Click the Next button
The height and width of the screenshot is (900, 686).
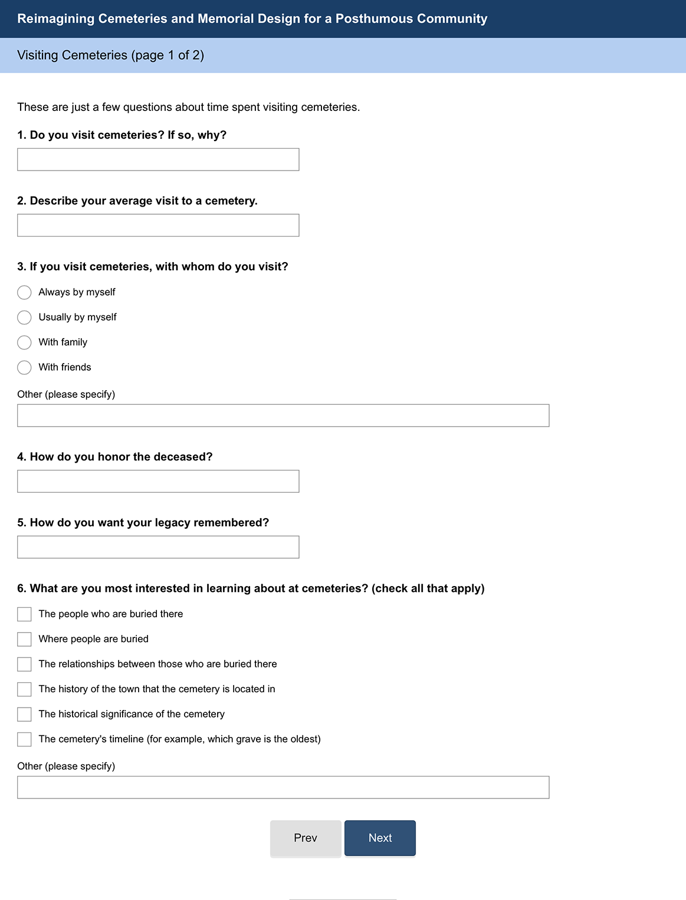coord(380,838)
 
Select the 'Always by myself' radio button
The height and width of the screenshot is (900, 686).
coord(24,293)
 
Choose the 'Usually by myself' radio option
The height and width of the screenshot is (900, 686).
coord(24,318)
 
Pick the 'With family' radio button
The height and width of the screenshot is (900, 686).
coord(24,342)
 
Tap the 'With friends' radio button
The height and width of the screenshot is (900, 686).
coord(24,368)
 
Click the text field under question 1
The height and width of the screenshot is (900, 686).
coord(158,159)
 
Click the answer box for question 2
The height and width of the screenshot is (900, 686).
coord(158,225)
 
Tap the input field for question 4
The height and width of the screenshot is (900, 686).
coord(158,482)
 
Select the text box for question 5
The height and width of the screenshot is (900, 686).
coord(158,547)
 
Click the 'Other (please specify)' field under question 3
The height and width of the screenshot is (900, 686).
coord(283,415)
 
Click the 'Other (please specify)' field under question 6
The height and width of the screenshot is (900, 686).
coord(283,787)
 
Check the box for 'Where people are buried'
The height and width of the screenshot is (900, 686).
coord(24,639)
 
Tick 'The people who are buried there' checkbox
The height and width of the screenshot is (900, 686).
coord(24,614)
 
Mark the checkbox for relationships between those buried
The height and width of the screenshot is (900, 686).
coord(24,665)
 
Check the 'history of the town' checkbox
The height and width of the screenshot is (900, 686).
coord(24,689)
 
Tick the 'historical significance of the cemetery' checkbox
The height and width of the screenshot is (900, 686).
coord(24,714)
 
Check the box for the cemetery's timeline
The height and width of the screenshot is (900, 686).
coord(24,739)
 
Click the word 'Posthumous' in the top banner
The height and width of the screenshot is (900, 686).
coord(375,19)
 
